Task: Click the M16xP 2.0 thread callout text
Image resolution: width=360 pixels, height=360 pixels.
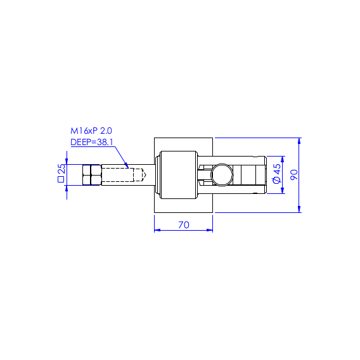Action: [91, 131]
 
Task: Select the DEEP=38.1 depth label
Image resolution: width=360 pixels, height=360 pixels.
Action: [92, 142]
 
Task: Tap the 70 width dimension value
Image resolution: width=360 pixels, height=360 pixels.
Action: [184, 225]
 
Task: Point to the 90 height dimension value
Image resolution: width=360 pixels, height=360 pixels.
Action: [294, 175]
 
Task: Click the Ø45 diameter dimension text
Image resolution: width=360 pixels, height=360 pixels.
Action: [277, 174]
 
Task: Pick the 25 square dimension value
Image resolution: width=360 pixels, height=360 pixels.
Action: [61, 169]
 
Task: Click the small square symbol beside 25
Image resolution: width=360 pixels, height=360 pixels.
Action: [61, 179]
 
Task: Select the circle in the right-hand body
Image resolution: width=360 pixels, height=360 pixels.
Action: [222, 175]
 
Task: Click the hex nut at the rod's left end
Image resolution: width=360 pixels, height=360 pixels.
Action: [92, 175]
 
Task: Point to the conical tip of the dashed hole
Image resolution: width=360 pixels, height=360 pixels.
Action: [143, 175]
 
